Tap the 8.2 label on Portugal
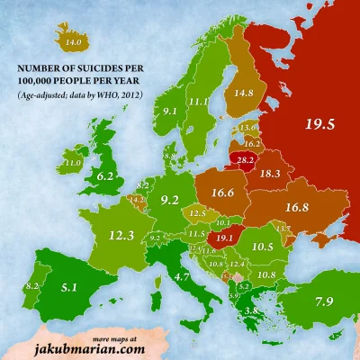coord(32,285)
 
